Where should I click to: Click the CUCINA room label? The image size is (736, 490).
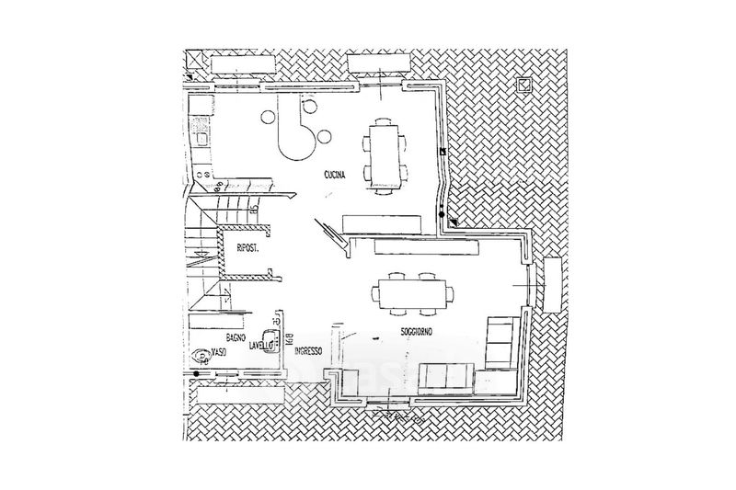coord(334,176)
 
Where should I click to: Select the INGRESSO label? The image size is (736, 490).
coord(307,351)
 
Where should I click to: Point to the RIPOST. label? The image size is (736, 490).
coord(247,248)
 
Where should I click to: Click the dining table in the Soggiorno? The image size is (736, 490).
coord(414,295)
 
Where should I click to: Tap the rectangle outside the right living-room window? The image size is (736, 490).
coord(553,284)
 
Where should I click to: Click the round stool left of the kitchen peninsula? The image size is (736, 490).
coord(267,117)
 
